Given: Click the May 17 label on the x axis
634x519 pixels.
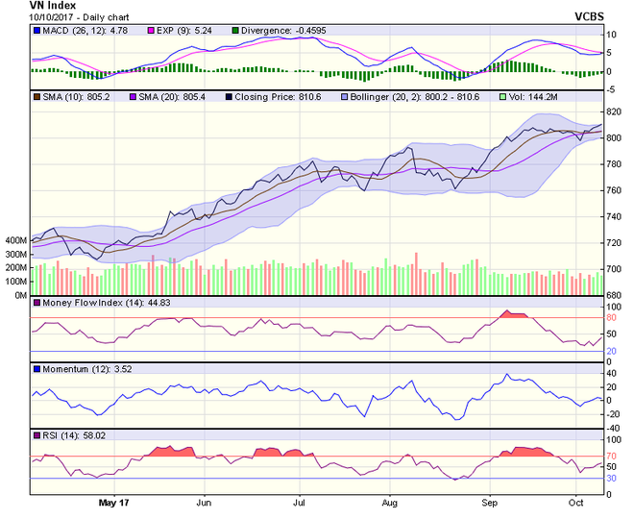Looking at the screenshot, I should point(113,502).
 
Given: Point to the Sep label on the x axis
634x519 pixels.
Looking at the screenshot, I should point(489,502).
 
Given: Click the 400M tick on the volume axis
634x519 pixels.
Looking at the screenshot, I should point(16,240).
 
